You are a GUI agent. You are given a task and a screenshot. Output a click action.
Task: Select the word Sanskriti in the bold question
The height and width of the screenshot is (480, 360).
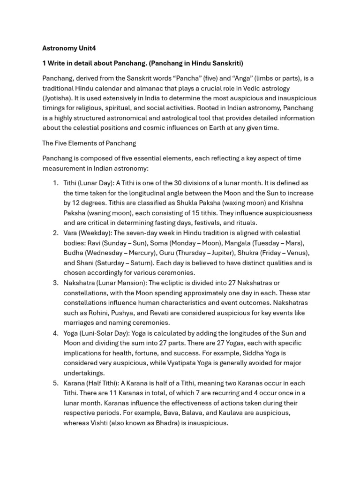pyautogui.click(x=227, y=63)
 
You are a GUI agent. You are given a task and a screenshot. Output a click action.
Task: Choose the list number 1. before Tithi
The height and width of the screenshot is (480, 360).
pyautogui.click(x=55, y=183)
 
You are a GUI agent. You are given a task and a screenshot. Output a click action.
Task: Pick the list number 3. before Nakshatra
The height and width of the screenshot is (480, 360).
pyautogui.click(x=55, y=283)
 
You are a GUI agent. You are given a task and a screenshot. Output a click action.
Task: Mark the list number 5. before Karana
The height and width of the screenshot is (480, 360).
pyautogui.click(x=55, y=383)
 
